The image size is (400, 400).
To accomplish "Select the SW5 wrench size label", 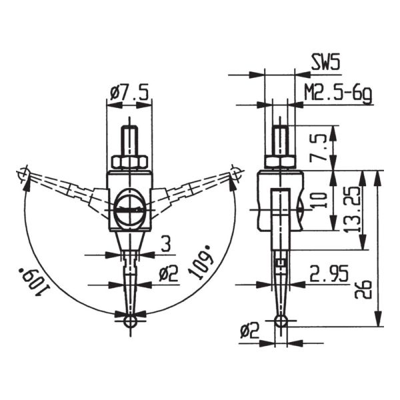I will (326, 63).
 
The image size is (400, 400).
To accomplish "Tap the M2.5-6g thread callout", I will (337, 93).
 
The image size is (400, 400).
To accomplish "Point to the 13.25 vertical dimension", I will (353, 210).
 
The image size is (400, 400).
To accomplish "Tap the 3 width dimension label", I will (165, 243).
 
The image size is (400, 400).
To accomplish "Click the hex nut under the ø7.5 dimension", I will (129, 162).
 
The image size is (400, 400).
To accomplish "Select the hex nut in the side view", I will (280, 162).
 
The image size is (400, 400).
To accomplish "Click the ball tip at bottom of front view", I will (129, 321).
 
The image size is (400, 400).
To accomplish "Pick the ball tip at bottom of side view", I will (281, 322).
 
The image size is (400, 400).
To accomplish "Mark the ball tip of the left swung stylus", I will (24, 175).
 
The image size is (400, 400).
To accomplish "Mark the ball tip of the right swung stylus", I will (235, 175).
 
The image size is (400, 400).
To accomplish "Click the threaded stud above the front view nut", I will (129, 141).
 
